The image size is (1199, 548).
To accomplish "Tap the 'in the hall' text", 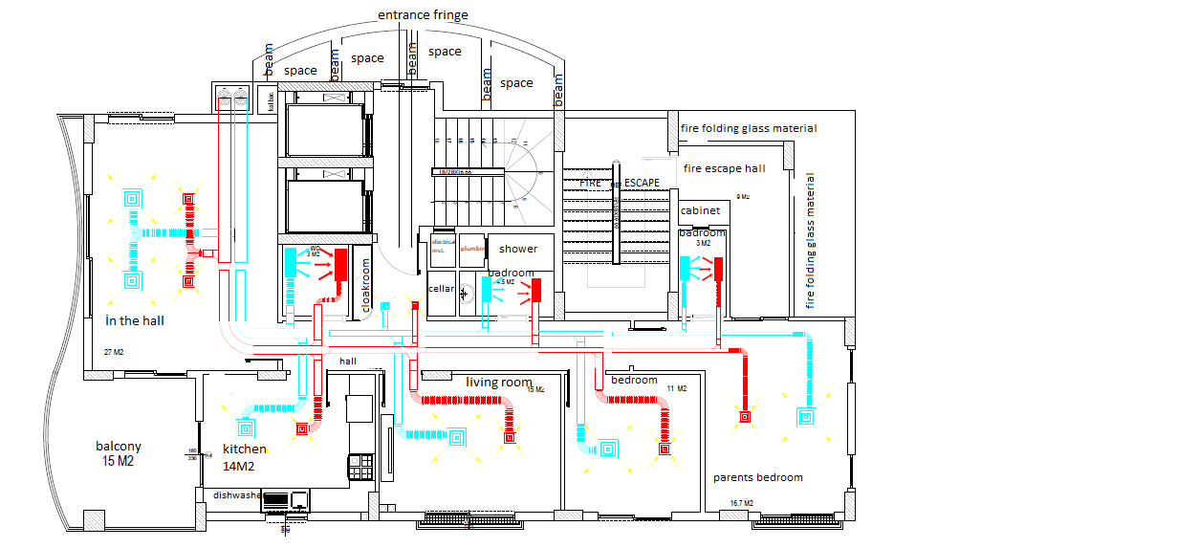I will pos(135,320).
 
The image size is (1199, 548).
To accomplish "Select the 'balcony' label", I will pos(119,447).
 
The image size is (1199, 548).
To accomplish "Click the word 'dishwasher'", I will pos(236,495).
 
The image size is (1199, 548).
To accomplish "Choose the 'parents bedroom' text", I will pos(758,477).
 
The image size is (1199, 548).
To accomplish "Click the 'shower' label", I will pos(518,249).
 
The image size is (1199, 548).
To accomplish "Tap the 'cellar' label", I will pos(441,288).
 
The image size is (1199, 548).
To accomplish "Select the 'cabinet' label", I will pos(699,210).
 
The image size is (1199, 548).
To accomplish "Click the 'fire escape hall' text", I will pos(724,168).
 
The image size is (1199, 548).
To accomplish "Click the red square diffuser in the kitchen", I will pos(302,429).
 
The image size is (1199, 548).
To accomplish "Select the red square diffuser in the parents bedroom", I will pos(744,416).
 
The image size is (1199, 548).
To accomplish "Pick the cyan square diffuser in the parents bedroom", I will pos(805,416).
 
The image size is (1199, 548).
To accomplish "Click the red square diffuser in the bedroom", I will pos(664,447).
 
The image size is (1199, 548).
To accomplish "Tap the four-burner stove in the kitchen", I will pos(360,467).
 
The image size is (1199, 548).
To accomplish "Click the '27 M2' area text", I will pos(114,353).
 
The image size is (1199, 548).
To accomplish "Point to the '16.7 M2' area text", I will pos(741,503).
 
